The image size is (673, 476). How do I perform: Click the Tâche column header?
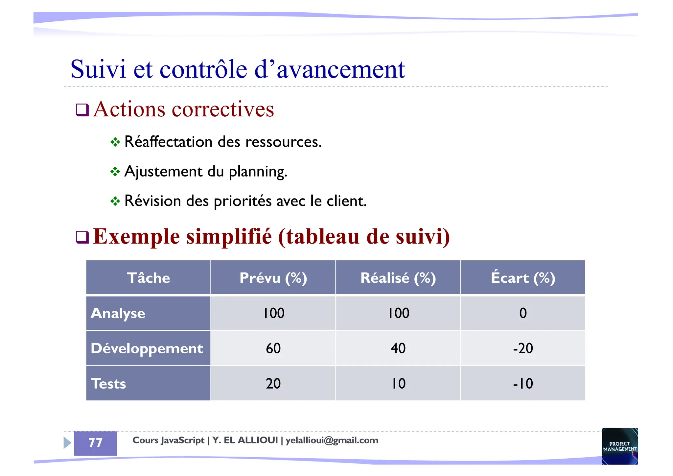(x=148, y=278)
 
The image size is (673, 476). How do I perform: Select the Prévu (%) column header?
(x=273, y=278)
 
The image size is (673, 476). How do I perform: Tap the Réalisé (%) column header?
(x=398, y=278)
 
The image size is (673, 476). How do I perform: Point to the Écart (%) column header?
(x=523, y=278)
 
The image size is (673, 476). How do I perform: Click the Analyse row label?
(x=118, y=313)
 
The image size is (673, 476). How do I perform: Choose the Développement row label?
(x=147, y=348)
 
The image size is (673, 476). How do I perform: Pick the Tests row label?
(x=108, y=384)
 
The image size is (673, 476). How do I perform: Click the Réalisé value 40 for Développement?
(x=398, y=348)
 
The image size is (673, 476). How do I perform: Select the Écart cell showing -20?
(x=523, y=348)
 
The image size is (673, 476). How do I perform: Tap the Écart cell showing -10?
(x=523, y=384)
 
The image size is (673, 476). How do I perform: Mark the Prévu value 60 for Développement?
(x=273, y=348)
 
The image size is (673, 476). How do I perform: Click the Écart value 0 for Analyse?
(x=523, y=313)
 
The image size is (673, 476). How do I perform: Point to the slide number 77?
(x=95, y=443)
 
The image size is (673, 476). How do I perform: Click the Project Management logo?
(x=620, y=446)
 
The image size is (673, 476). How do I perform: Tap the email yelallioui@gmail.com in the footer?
(x=332, y=440)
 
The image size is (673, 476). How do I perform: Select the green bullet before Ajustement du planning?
(x=115, y=172)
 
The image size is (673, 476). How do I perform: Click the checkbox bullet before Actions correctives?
(x=82, y=110)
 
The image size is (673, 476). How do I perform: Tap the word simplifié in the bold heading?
(x=229, y=236)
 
